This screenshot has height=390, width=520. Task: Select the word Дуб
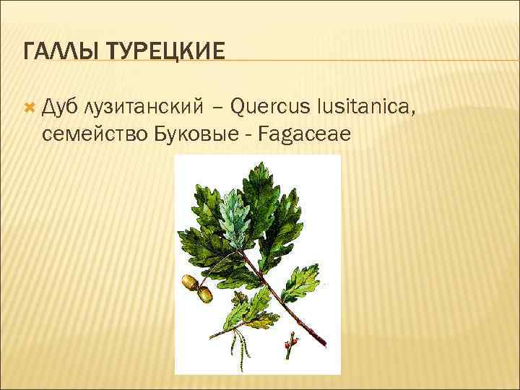pos(61,108)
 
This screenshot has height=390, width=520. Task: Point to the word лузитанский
pos(140,108)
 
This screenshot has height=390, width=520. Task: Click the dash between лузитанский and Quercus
pos(217,108)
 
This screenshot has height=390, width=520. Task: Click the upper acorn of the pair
pos(190,282)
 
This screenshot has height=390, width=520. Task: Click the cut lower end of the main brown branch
pos(323,345)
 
